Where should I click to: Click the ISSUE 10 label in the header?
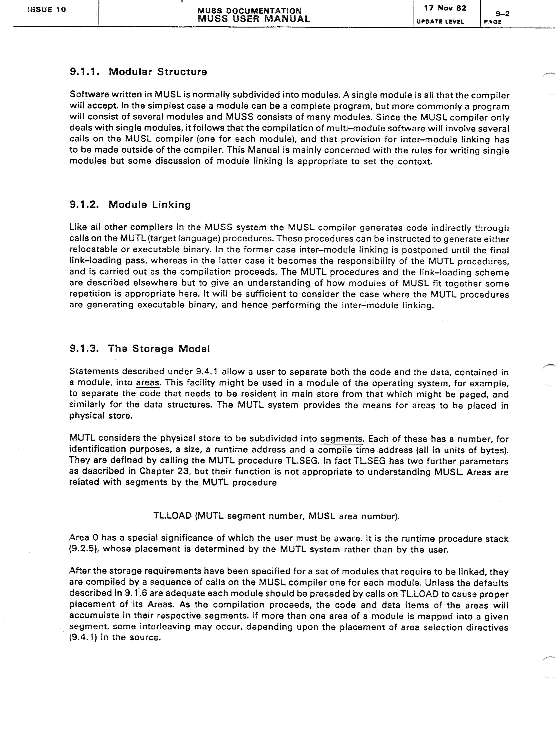pyautogui.click(x=47, y=9)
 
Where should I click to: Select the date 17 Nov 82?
pyautogui.click(x=445, y=8)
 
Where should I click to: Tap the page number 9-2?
pyautogui.click(x=503, y=13)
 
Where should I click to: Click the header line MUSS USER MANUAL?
pyautogui.click(x=254, y=19)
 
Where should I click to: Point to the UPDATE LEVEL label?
pyautogui.click(x=440, y=22)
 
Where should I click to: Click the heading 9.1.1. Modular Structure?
pyautogui.click(x=138, y=72)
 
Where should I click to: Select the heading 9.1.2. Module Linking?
pyautogui.click(x=130, y=204)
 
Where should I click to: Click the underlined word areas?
pyautogui.click(x=148, y=383)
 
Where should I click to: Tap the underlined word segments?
pyautogui.click(x=341, y=439)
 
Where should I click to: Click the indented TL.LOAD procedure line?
pyautogui.click(x=276, y=516)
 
